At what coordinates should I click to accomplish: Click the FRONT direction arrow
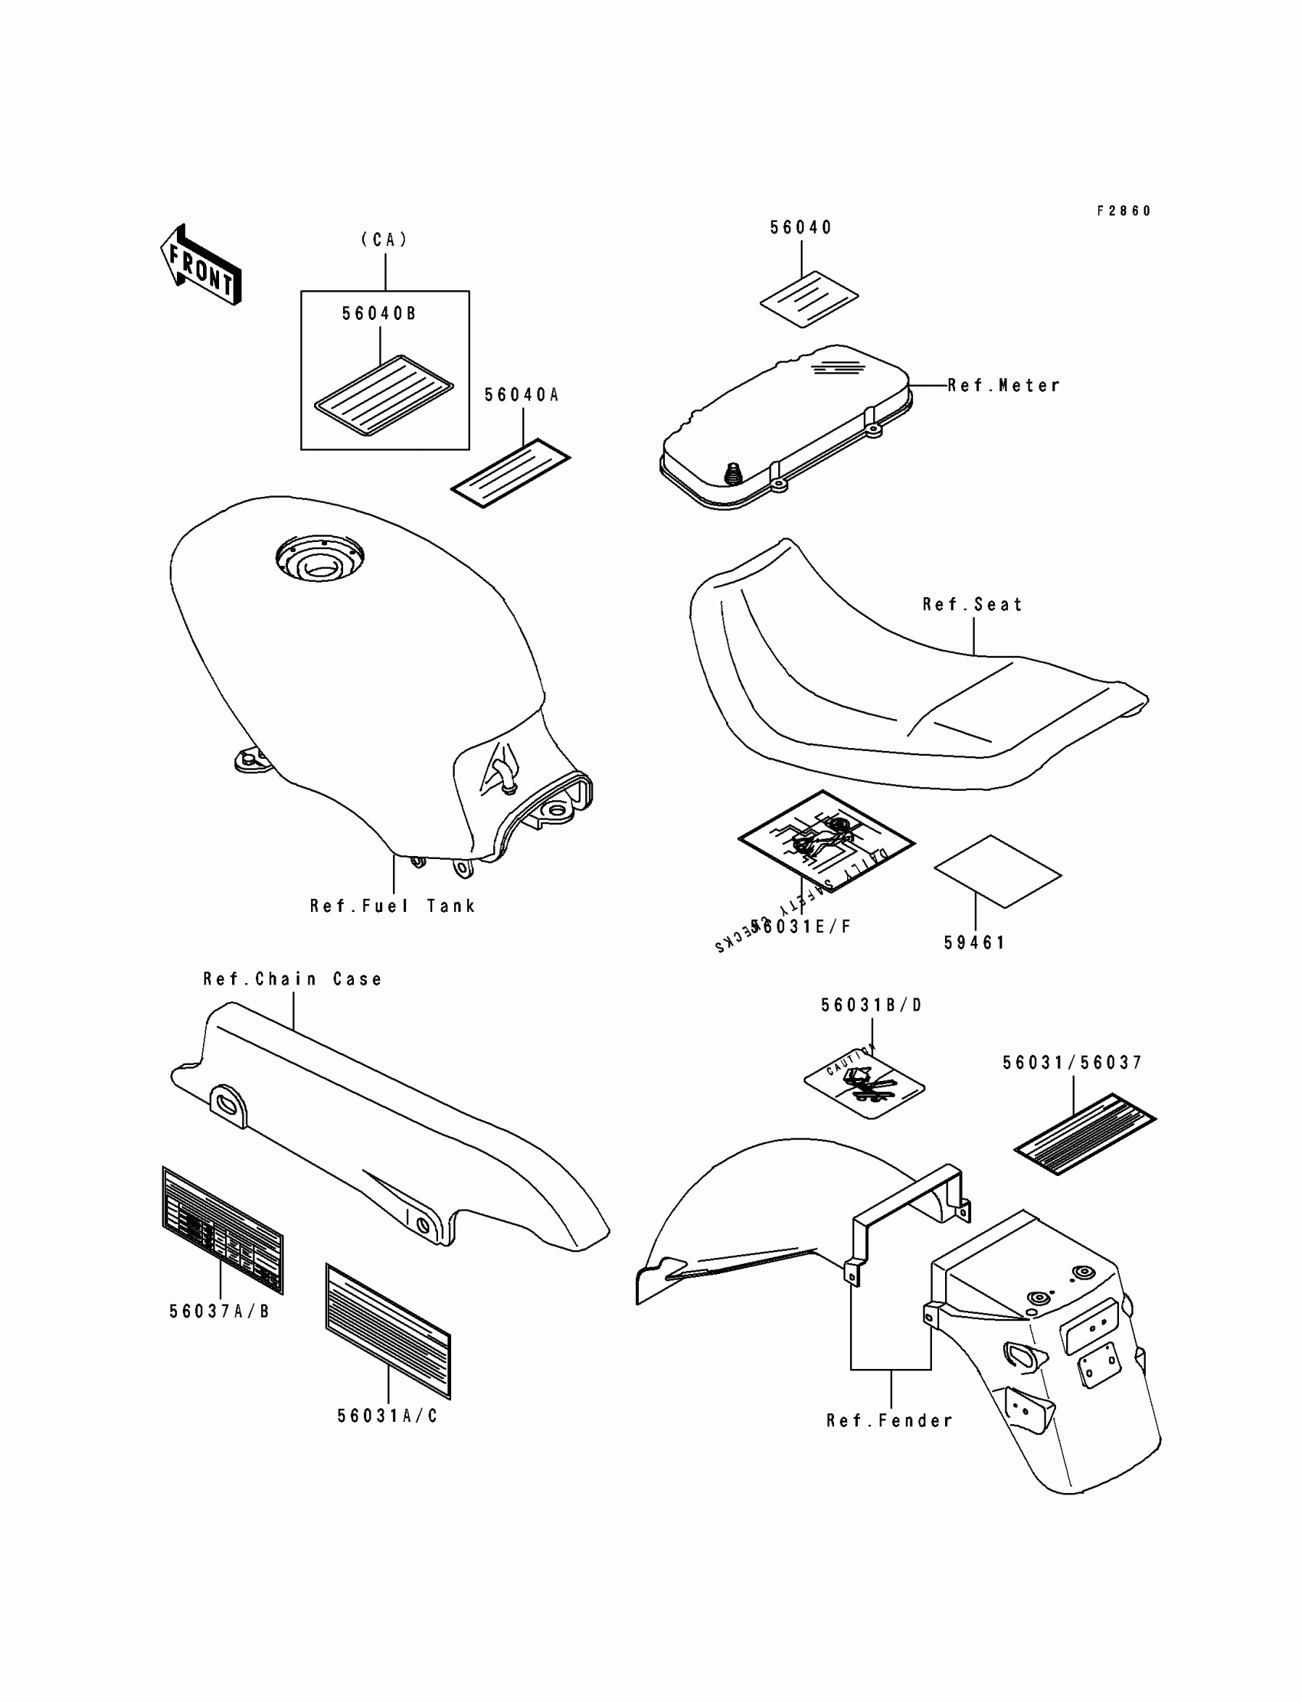201,265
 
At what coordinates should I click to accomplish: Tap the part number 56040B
379,314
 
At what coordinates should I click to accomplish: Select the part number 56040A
522,395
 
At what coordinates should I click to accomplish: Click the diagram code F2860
1124,211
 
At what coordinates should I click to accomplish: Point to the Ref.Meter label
1003,386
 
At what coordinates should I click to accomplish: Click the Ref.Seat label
973,604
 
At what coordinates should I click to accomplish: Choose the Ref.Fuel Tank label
392,906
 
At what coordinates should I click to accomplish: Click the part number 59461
974,942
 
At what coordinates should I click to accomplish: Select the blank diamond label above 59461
997,871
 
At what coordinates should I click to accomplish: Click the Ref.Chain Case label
293,979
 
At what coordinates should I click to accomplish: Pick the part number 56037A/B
219,1312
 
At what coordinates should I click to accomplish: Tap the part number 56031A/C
388,1416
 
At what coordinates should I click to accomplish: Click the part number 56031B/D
872,1005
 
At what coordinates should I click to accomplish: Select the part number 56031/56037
1072,1063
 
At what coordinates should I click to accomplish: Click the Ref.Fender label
890,1421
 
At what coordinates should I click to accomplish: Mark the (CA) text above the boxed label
384,240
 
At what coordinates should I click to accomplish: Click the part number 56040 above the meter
800,227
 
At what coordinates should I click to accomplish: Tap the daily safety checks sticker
826,841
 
